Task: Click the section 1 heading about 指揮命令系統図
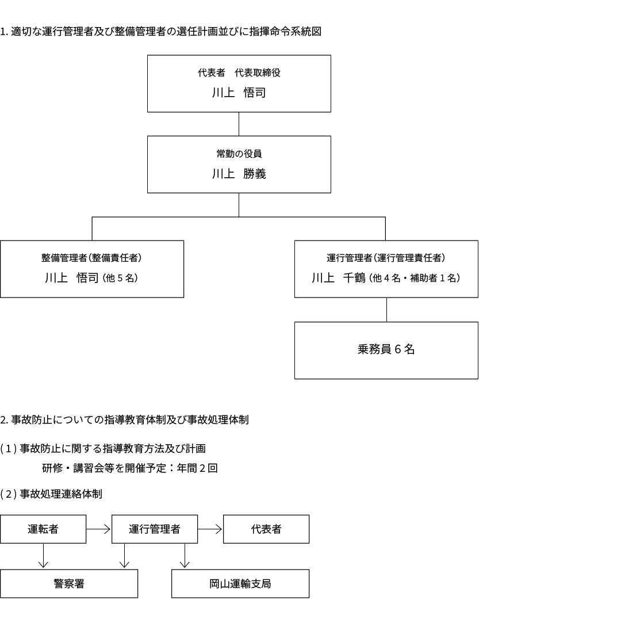tap(160, 32)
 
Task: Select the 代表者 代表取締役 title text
tap(239, 72)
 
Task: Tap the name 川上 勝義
tap(239, 174)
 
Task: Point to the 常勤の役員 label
tap(239, 154)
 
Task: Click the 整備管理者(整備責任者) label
tap(91, 258)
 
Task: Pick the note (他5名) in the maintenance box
tap(120, 278)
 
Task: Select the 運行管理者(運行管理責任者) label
tap(386, 258)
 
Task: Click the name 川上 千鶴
tap(339, 278)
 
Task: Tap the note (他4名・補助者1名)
tap(415, 278)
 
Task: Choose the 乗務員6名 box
tap(386, 350)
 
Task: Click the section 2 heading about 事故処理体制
tap(124, 419)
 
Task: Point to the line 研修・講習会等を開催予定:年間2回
tap(130, 468)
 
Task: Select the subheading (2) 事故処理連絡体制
tap(51, 494)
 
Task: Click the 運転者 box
tap(43, 529)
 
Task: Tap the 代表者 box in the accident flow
tap(266, 529)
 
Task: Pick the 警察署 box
tap(69, 583)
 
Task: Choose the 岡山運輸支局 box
tap(240, 583)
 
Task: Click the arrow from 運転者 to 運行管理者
tap(98, 529)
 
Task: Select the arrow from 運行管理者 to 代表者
tap(210, 529)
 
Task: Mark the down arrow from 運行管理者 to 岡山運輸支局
tap(185, 556)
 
